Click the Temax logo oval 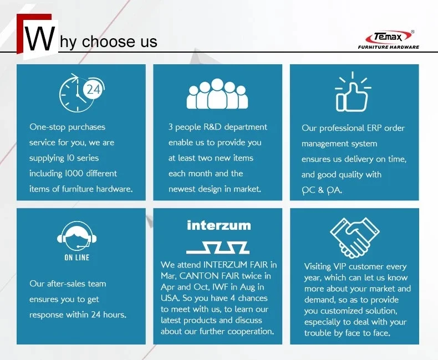click(x=389, y=37)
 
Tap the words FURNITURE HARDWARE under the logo click(x=389, y=47)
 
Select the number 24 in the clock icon click(x=93, y=90)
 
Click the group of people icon click(x=217, y=94)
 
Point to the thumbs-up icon click(x=353, y=91)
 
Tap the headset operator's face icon click(x=77, y=236)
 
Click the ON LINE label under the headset click(x=77, y=258)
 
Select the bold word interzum click(x=219, y=225)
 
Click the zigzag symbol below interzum click(x=218, y=248)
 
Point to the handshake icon click(x=354, y=238)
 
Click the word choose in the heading click(x=108, y=42)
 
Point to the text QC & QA click(x=322, y=191)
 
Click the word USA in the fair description click(x=170, y=298)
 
